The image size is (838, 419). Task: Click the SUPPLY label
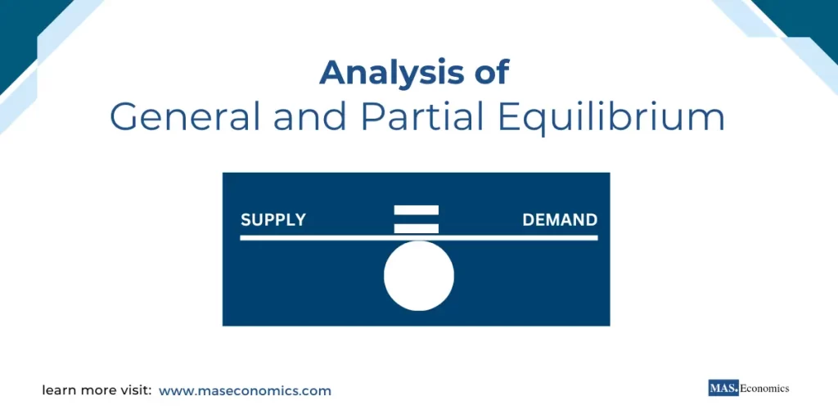click(x=273, y=220)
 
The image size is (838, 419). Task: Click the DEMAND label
click(x=560, y=220)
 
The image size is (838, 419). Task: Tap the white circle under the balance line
click(x=418, y=277)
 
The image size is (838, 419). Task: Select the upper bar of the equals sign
click(x=417, y=210)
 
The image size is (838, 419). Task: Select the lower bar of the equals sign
click(x=417, y=228)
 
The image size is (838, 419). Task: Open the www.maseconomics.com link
click(x=245, y=391)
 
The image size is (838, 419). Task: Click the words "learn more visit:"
click(x=97, y=391)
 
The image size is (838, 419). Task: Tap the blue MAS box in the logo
click(x=723, y=389)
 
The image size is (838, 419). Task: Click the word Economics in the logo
click(x=764, y=389)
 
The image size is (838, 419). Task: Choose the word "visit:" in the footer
click(x=133, y=391)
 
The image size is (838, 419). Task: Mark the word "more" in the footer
click(x=97, y=391)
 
